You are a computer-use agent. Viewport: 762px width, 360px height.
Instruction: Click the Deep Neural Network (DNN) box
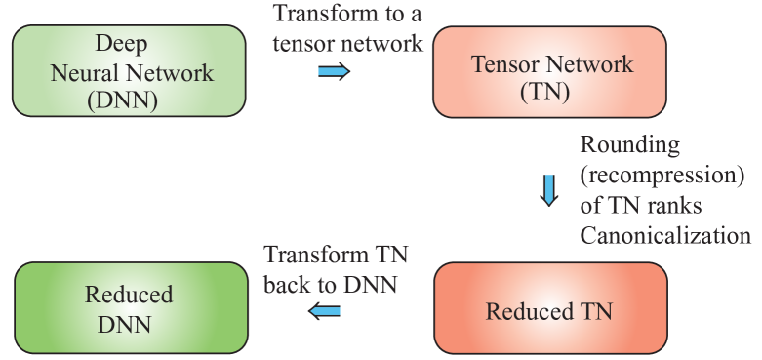(x=129, y=71)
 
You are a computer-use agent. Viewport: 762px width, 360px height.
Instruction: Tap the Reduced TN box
(x=550, y=310)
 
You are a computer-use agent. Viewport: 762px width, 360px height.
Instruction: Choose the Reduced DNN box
(x=129, y=308)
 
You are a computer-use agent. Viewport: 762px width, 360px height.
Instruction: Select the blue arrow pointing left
(x=325, y=311)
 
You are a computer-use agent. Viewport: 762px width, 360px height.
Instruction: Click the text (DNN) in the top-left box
(x=129, y=99)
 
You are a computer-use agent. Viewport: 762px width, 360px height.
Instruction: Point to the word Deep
(x=120, y=44)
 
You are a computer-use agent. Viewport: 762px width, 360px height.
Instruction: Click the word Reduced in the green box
(x=129, y=294)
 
